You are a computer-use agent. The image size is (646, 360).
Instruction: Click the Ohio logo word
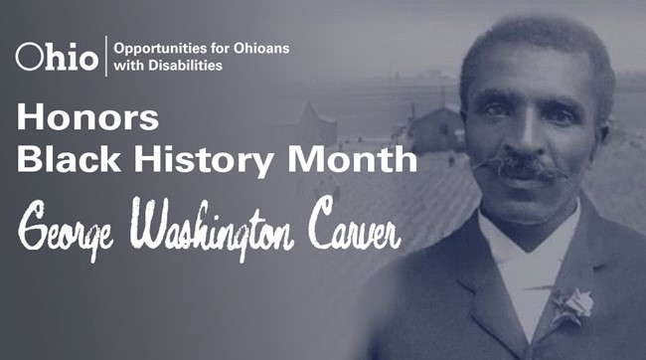[57, 57]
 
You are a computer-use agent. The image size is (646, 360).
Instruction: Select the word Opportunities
[157, 48]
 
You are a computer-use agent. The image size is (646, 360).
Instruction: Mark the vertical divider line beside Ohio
[106, 57]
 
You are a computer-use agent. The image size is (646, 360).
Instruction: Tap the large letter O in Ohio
[30, 57]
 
